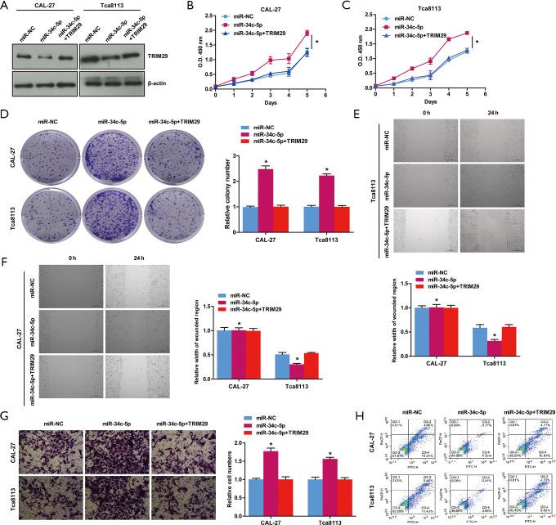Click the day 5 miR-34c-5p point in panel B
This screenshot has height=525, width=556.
click(306, 34)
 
